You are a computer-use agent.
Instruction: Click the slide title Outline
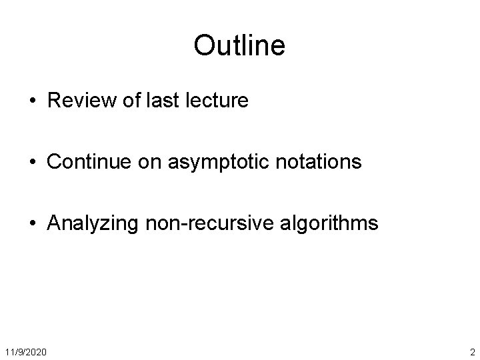(x=239, y=45)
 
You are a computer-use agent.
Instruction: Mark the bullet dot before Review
(x=33, y=101)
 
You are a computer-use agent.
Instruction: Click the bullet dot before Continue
(x=33, y=162)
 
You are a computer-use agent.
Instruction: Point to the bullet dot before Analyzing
(x=33, y=223)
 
